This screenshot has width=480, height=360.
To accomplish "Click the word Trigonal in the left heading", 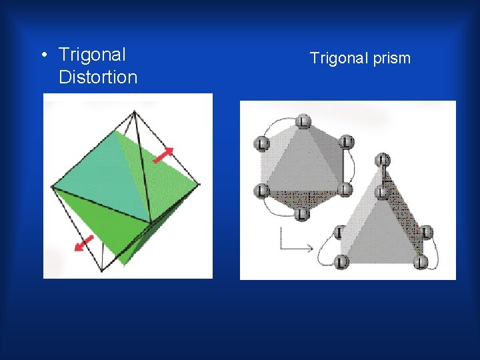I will tap(92, 55).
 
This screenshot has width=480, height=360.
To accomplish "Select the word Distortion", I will tap(98, 77).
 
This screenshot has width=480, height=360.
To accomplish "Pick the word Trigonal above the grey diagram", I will tap(338, 59).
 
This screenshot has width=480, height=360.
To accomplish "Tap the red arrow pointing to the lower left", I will tap(83, 243).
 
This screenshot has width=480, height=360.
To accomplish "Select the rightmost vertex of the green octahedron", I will tap(198, 184).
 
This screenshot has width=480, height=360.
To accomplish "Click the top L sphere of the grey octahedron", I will tap(303, 121).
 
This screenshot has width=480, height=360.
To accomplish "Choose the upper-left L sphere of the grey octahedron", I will tap(261, 143).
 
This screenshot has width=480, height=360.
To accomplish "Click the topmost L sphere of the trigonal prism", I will tap(382, 160).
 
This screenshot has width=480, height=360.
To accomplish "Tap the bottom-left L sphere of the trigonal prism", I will tap(341, 262).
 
